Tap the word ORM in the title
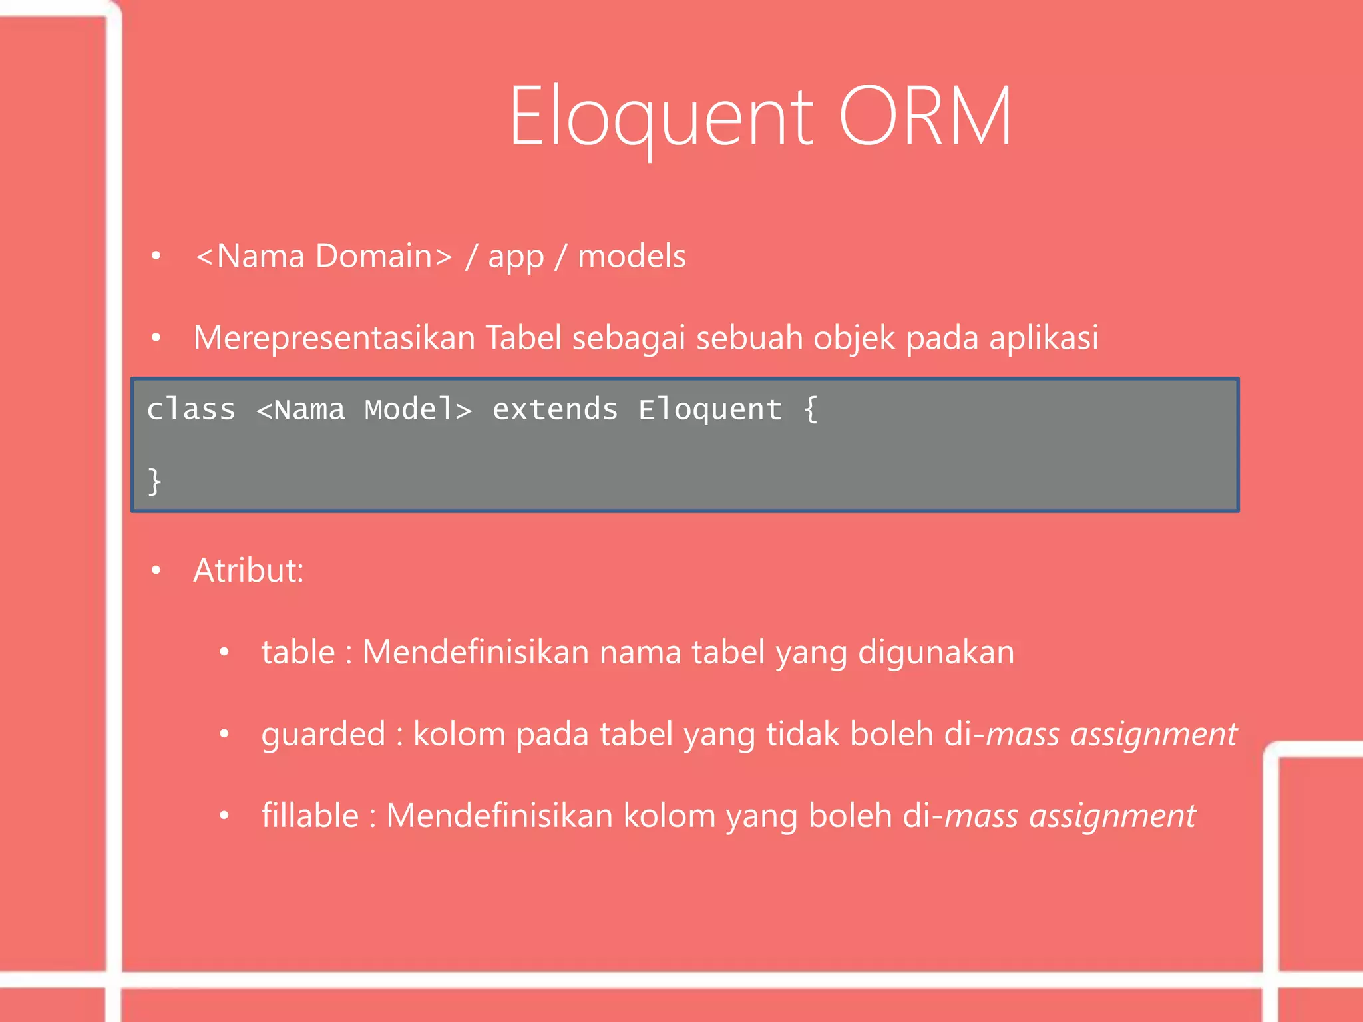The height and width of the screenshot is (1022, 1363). click(925, 117)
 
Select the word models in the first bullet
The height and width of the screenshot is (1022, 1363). click(632, 257)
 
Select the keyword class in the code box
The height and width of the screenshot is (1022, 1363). click(191, 409)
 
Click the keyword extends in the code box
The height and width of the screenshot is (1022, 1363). click(554, 409)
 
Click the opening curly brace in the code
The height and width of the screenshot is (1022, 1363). click(810, 409)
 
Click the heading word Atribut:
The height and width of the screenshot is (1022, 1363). click(248, 571)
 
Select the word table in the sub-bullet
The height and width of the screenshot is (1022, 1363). click(297, 652)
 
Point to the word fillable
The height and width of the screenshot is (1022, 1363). click(309, 816)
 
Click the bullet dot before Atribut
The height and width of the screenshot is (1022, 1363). click(156, 570)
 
